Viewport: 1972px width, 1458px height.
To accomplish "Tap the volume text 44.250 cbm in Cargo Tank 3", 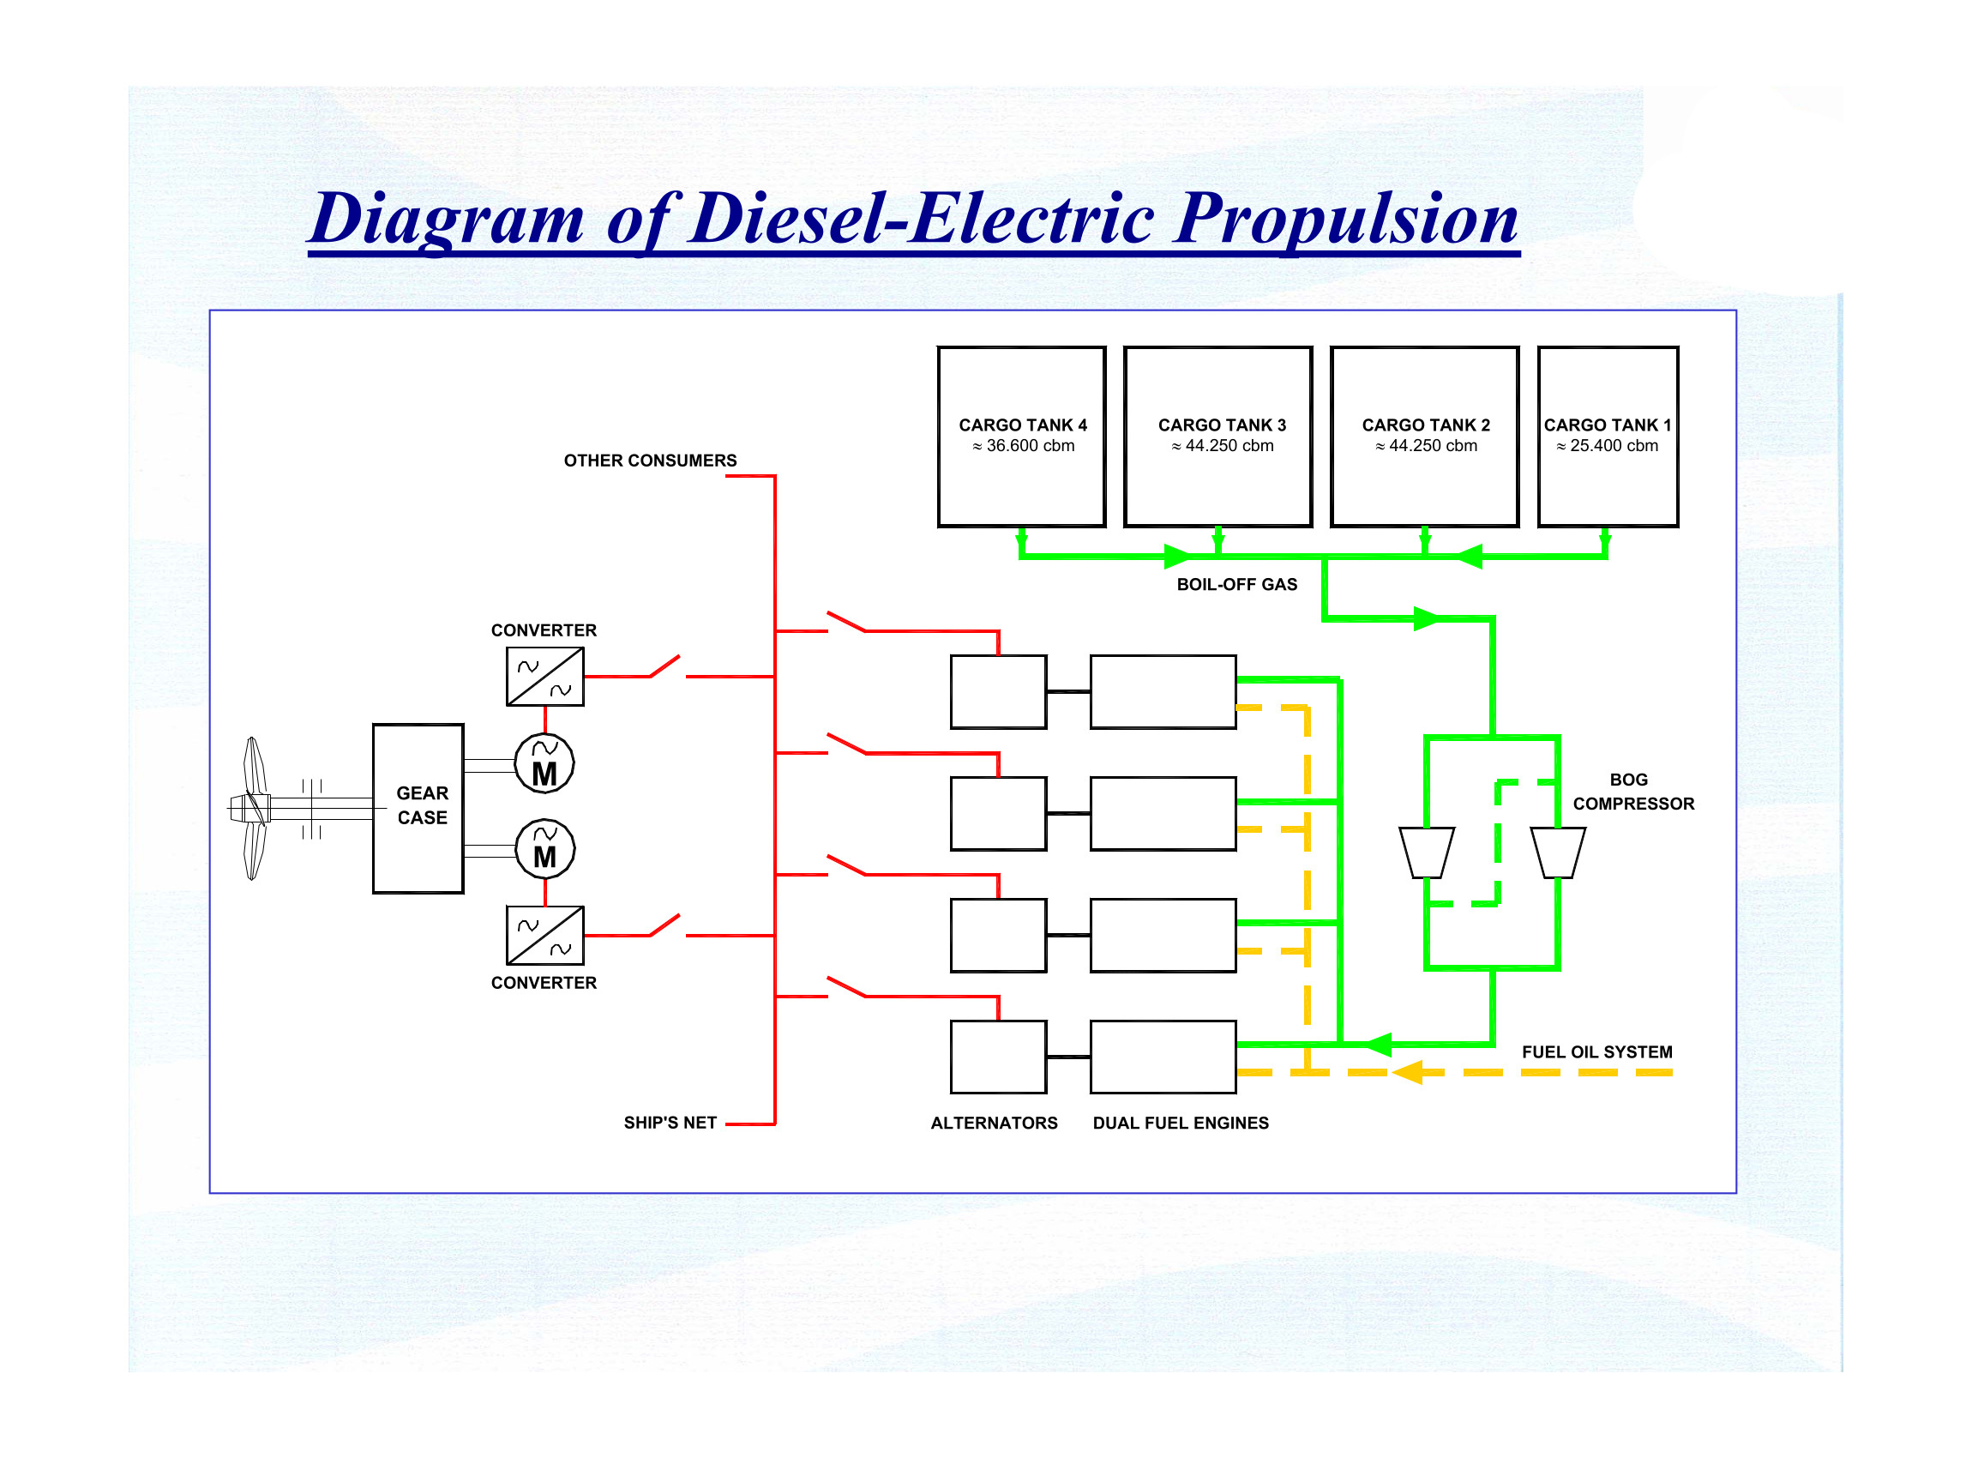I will [x=1229, y=446].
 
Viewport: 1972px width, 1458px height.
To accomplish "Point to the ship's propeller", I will [x=254, y=808].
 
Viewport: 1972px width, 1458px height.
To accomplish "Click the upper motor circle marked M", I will [x=544, y=763].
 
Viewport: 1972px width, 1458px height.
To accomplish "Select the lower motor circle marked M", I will [x=544, y=849].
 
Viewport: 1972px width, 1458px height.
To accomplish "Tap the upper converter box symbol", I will [x=544, y=677].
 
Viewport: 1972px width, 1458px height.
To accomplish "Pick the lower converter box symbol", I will [x=544, y=936].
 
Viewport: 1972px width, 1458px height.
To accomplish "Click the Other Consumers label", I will [x=650, y=461].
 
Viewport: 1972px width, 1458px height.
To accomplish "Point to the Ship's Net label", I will [x=670, y=1123].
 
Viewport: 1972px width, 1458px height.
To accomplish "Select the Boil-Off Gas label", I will [x=1237, y=584].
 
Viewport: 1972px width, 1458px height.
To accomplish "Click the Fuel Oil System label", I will [x=1597, y=1052].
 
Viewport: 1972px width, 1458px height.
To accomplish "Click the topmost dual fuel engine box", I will [x=1163, y=692].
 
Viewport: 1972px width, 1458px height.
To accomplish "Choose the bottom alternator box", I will [x=998, y=1057].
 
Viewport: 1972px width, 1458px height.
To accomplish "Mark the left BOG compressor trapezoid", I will [x=1427, y=853].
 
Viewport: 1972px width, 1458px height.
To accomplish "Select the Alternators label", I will [x=995, y=1123].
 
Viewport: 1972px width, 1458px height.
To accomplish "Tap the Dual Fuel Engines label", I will [x=1181, y=1123].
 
